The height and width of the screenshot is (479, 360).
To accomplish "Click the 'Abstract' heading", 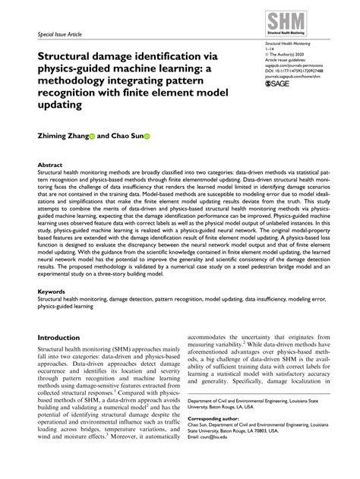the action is coord(50,163).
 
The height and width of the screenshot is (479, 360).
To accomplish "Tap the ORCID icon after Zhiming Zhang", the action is coord(92,137).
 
